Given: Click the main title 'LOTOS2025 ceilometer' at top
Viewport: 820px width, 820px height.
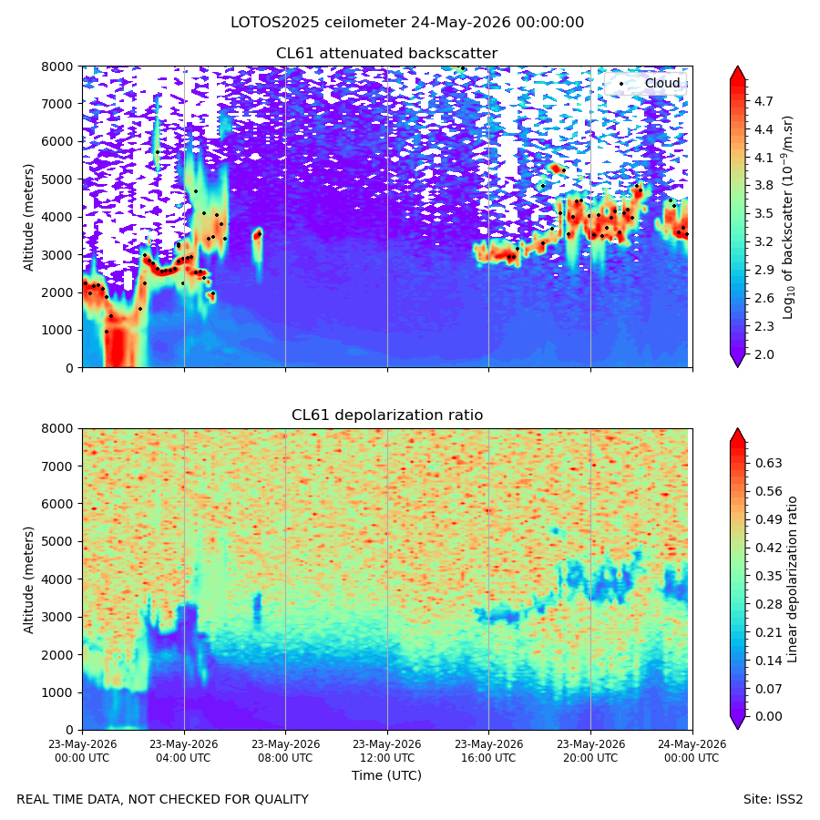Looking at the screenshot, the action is (x=318, y=23).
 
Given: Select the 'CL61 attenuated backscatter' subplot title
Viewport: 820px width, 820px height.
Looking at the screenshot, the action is (x=386, y=54).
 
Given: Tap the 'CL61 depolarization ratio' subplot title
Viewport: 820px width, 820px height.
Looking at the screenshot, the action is (x=387, y=415).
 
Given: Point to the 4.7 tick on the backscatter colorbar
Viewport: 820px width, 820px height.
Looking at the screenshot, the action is (x=764, y=101).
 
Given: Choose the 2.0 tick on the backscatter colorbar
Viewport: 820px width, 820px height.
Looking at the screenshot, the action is (x=764, y=354).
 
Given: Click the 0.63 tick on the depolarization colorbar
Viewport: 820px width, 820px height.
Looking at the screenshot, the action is (x=768, y=464).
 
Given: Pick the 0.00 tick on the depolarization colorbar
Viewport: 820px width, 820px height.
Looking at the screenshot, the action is (x=768, y=716).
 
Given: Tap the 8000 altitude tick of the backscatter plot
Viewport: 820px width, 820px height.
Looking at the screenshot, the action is (x=57, y=67).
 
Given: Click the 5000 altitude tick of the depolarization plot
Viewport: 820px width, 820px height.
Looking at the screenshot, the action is (x=57, y=542).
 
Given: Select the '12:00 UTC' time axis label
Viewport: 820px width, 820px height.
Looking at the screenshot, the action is (x=387, y=758).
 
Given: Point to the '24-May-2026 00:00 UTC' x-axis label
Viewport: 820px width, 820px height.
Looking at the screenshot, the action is (x=692, y=751).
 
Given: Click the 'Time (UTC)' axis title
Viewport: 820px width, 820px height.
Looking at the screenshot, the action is (x=386, y=775).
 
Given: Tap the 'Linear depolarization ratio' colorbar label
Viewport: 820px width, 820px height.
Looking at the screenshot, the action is (x=793, y=579).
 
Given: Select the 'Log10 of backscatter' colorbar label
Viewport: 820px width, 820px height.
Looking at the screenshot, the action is (x=788, y=218).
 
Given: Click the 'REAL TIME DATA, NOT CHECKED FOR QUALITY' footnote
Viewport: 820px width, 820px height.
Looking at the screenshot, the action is (x=163, y=800).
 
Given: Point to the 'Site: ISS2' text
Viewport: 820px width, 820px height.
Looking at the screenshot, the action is (x=773, y=800).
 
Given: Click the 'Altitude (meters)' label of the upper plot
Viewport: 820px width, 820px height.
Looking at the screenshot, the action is (x=28, y=218).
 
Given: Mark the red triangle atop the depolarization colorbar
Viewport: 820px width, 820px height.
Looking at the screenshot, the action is (x=737, y=436).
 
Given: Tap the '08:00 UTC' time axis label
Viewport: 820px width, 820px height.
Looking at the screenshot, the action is (x=285, y=758).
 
